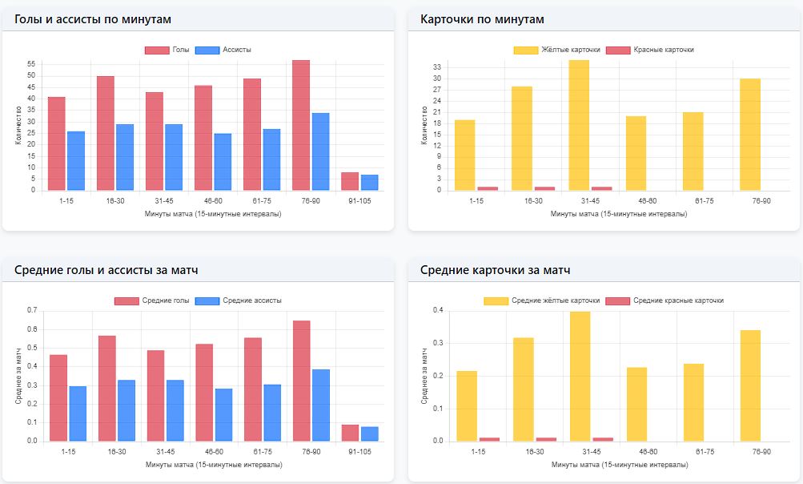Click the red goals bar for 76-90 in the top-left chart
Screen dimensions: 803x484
click(301, 125)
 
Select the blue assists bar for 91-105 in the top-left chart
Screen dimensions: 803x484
click(370, 183)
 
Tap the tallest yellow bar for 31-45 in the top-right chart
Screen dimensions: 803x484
click(579, 125)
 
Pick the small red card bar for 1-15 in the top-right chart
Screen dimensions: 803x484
click(488, 188)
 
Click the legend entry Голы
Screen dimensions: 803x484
click(167, 50)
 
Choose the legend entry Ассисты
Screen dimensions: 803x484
click(223, 50)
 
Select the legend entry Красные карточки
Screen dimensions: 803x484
click(650, 50)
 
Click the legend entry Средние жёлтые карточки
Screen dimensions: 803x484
click(542, 300)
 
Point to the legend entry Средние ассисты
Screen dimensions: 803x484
click(239, 300)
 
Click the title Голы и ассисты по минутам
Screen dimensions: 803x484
click(93, 19)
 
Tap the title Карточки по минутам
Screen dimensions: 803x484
click(482, 19)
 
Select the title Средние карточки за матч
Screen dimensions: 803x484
click(496, 270)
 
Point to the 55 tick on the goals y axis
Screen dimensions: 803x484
click(31, 64)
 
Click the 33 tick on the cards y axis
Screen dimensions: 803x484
click(437, 67)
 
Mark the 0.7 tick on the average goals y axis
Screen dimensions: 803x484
click(32, 310)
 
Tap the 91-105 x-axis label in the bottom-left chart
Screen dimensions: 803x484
click(359, 452)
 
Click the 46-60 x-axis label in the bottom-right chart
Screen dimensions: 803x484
click(648, 452)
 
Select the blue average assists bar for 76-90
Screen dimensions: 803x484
click(321, 405)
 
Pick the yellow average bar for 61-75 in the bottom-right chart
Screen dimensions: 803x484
click(694, 402)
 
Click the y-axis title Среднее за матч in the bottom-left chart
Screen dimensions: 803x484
click(18, 377)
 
